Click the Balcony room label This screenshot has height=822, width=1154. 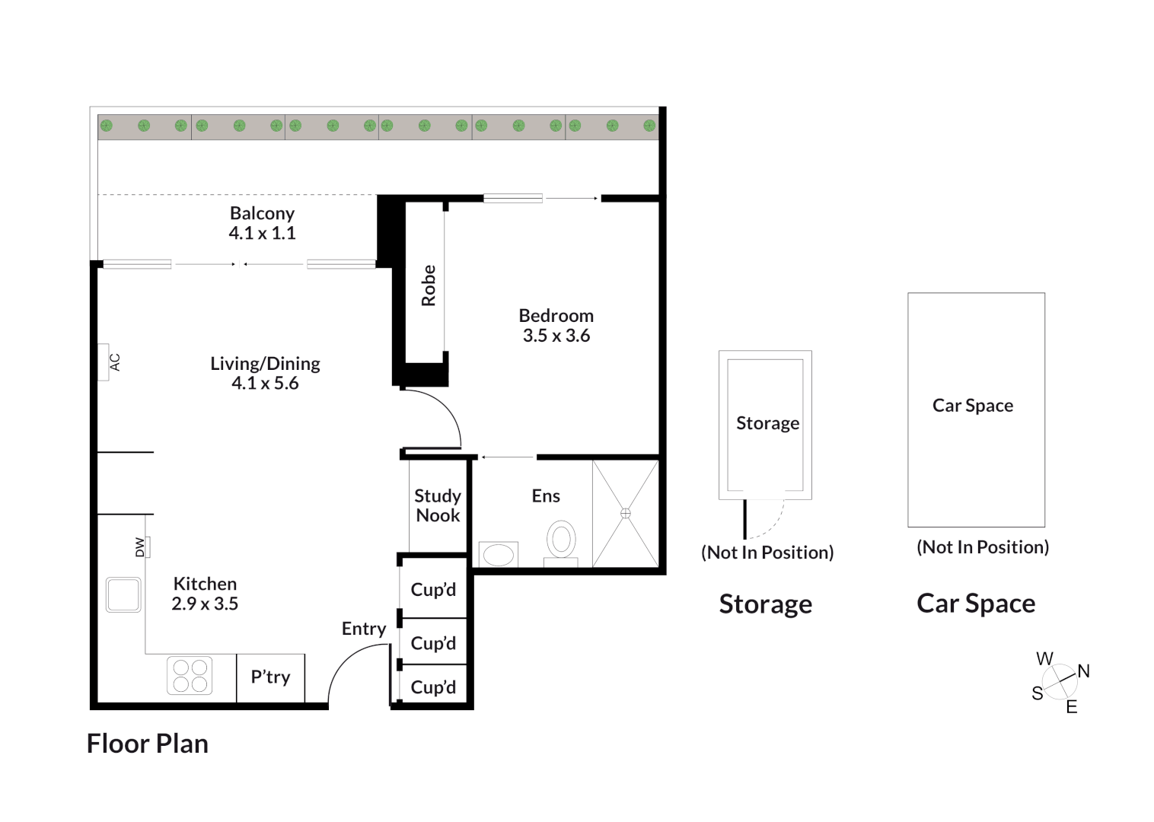click(x=262, y=213)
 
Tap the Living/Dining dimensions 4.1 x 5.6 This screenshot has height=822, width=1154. click(x=265, y=383)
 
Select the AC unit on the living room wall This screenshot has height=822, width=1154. click(x=104, y=362)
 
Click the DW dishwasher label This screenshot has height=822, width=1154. click(x=139, y=547)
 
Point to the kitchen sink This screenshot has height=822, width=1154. click(x=123, y=595)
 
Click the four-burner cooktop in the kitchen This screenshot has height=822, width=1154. click(x=190, y=675)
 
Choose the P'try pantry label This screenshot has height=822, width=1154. click(x=270, y=677)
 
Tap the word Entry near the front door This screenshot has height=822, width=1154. click(x=364, y=629)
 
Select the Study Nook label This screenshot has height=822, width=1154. click(x=438, y=505)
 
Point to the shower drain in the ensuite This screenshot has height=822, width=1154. click(x=626, y=513)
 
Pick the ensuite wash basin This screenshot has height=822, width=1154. click(x=498, y=555)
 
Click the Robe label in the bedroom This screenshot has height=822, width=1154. click(x=429, y=286)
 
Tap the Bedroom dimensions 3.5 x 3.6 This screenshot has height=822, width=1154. click(x=556, y=336)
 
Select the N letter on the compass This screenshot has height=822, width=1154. click(x=1084, y=671)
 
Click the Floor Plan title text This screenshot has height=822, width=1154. click(x=148, y=744)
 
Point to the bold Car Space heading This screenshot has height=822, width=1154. click(x=976, y=604)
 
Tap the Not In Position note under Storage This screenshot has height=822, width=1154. click(x=767, y=553)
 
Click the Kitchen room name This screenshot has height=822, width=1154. click(x=205, y=584)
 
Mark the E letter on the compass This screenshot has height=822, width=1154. click(x=1072, y=707)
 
